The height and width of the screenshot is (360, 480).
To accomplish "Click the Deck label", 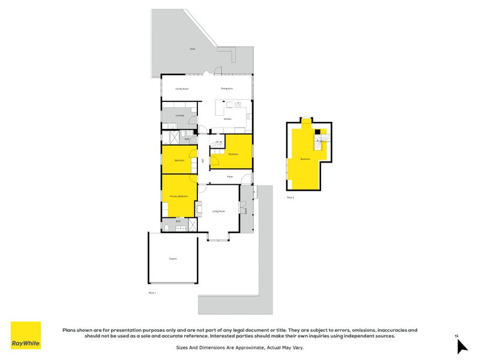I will click(x=193, y=49).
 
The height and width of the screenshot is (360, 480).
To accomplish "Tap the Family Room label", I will click(x=182, y=88).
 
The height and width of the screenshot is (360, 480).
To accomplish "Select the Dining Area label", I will click(x=227, y=88).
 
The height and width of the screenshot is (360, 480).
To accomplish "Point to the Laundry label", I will click(x=179, y=115).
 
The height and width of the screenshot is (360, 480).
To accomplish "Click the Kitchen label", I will click(x=227, y=119).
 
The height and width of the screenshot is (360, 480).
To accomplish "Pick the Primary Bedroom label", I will click(x=179, y=196).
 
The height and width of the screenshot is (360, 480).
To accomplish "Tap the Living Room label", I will click(x=218, y=211).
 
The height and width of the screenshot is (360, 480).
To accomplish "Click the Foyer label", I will click(x=230, y=177).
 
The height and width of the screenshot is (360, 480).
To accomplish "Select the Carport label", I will click(x=173, y=259).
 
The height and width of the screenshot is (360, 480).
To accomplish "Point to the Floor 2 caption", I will click(x=290, y=197).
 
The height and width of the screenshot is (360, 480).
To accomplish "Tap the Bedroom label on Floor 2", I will click(x=305, y=159).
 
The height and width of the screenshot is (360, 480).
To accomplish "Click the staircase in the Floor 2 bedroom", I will click(x=321, y=144).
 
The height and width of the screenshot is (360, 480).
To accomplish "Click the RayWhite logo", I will click(x=26, y=335).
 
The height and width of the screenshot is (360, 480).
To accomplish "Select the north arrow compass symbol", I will click(x=461, y=345).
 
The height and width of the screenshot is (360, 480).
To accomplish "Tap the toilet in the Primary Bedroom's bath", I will click(x=166, y=227).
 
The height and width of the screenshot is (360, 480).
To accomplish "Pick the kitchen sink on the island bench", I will click(x=238, y=106).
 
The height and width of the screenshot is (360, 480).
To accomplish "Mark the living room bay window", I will click(x=218, y=236).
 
